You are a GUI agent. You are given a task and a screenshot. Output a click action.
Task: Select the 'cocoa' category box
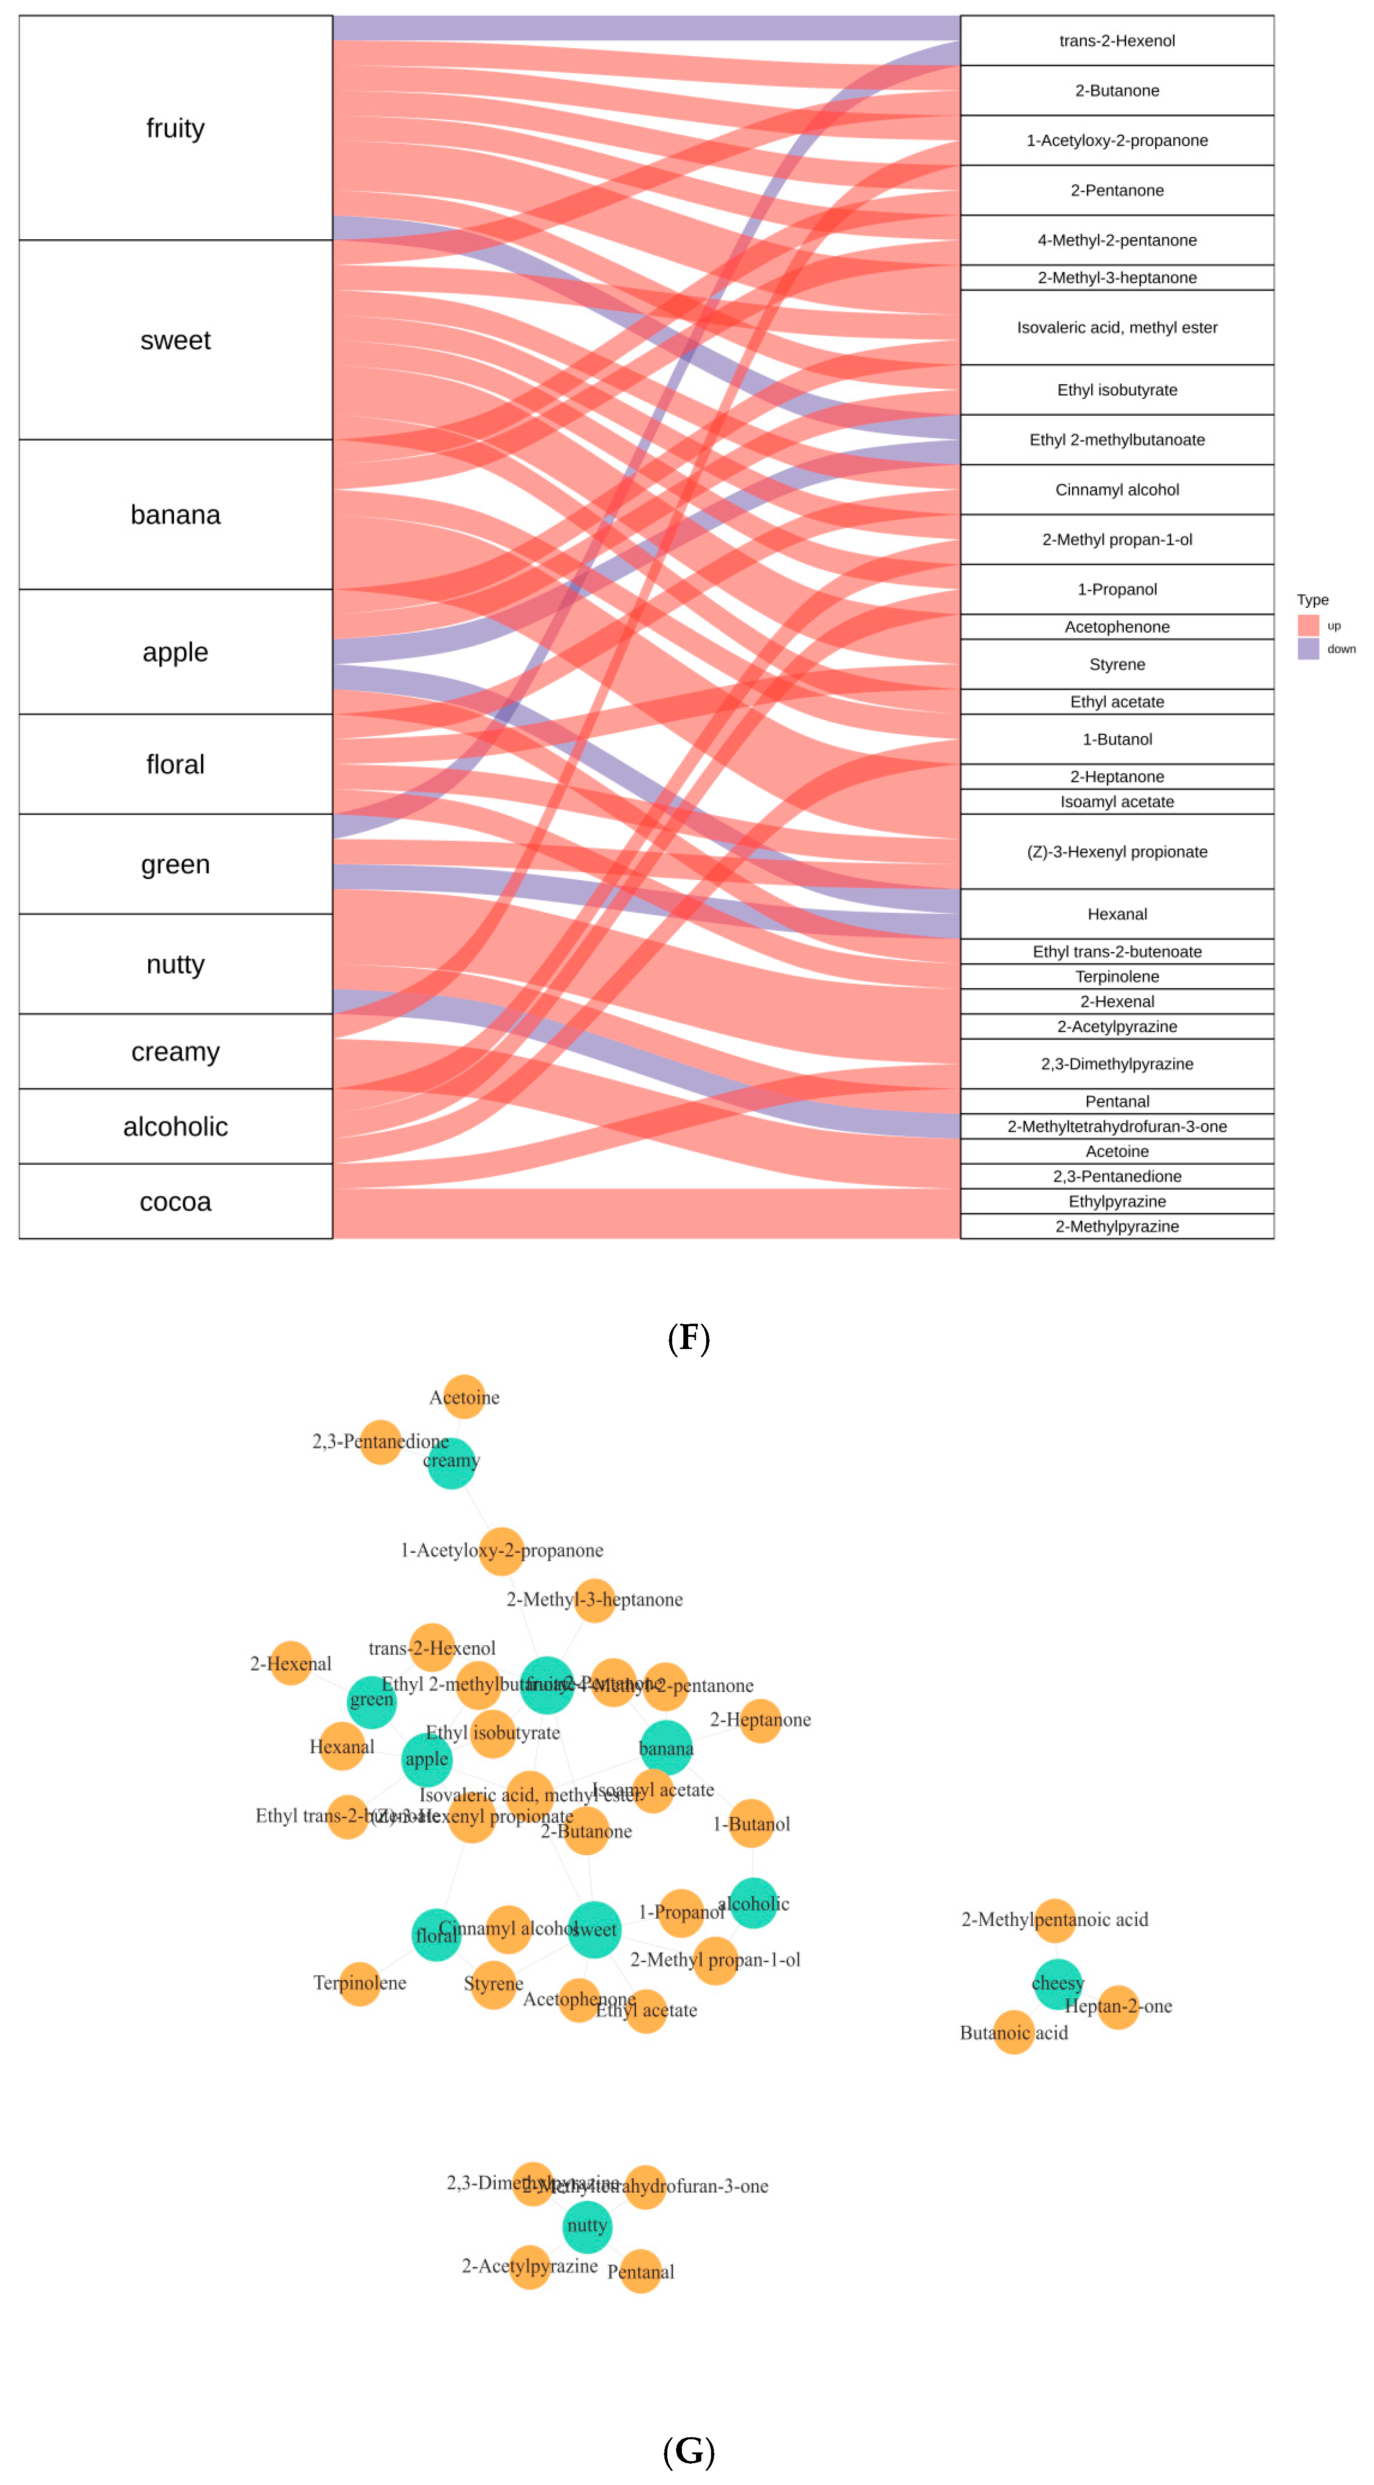(x=175, y=1201)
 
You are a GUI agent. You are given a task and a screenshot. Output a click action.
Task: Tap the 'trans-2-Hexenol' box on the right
(x=1116, y=40)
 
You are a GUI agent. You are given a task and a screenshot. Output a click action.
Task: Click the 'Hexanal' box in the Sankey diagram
(x=1116, y=914)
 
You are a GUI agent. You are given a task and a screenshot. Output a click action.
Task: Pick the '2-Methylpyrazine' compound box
(x=1116, y=1226)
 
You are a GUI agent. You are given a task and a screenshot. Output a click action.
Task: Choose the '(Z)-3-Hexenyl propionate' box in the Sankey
(x=1116, y=852)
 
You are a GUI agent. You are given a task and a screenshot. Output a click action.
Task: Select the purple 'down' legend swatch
(x=1307, y=648)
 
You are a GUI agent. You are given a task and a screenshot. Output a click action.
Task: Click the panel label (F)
(x=688, y=1337)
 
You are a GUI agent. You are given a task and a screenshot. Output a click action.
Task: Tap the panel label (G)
(x=688, y=2450)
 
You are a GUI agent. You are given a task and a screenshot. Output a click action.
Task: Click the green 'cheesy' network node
(x=1058, y=1982)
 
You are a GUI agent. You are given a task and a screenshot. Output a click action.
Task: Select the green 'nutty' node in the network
(x=586, y=2225)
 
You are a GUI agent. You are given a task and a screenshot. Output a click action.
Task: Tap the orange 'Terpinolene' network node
(x=360, y=1983)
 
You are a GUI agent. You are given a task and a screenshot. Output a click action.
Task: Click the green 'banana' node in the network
(x=666, y=1747)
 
